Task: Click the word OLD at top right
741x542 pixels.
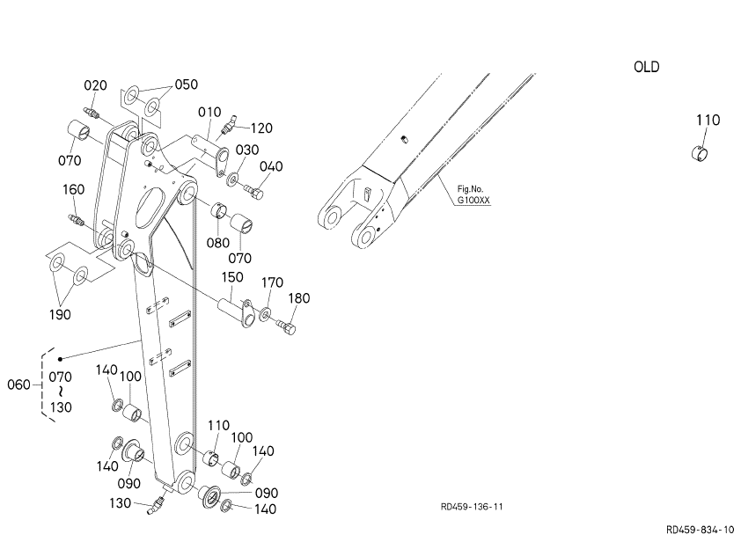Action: pyautogui.click(x=646, y=67)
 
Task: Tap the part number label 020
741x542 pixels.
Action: pyautogui.click(x=95, y=85)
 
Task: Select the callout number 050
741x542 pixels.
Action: pyautogui.click(x=187, y=84)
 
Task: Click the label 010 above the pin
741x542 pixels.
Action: pyautogui.click(x=209, y=112)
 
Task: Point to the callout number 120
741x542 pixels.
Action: pyautogui.click(x=261, y=128)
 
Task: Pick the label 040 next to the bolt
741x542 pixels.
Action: pyautogui.click(x=271, y=166)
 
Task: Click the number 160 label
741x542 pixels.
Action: pyautogui.click(x=74, y=189)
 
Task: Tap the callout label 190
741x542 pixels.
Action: pyautogui.click(x=60, y=315)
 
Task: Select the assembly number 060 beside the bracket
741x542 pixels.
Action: pyautogui.click(x=18, y=385)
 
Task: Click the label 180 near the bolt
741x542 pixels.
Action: pyautogui.click(x=299, y=298)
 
